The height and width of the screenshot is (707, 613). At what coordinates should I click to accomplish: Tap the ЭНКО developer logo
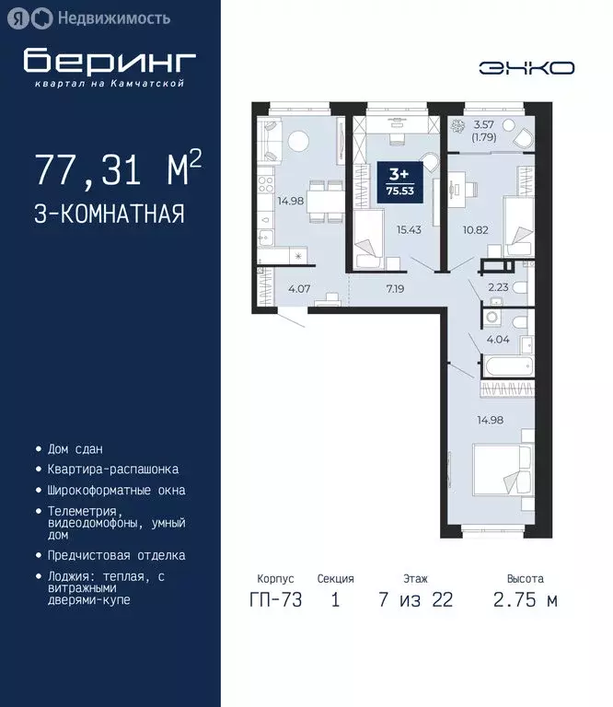(526, 67)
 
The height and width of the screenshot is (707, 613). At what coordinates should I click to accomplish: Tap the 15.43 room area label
(408, 229)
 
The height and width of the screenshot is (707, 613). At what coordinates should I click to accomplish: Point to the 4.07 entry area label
(299, 288)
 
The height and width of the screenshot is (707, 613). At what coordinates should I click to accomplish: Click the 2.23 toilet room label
(499, 286)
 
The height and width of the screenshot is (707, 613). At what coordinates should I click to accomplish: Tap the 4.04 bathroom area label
(497, 339)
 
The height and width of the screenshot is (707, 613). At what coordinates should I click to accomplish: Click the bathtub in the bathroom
(505, 368)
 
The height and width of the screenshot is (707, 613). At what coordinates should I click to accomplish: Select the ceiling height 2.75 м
(525, 600)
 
